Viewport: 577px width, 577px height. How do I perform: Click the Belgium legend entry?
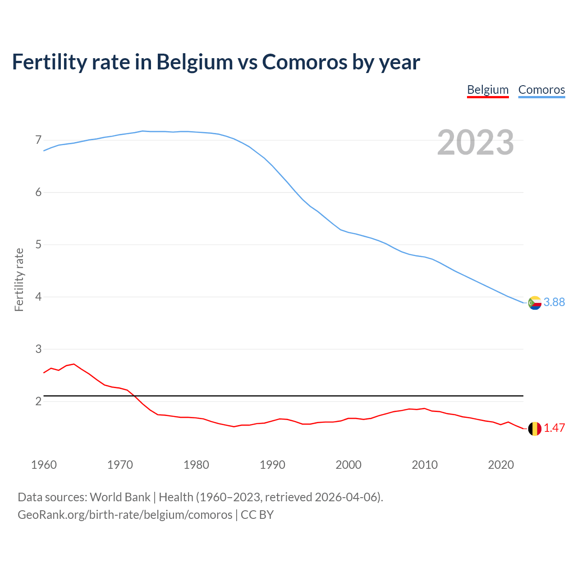point(488,90)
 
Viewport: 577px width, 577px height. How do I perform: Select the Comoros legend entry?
point(541,90)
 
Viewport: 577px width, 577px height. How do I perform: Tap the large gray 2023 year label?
point(475,142)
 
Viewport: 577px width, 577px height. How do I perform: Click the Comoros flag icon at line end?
point(535,303)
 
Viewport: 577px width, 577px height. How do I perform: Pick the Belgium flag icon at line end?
point(535,429)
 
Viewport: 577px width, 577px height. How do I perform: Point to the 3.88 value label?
point(554,302)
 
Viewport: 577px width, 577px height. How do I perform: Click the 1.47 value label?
point(554,428)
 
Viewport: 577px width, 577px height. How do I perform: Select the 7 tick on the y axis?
point(38,140)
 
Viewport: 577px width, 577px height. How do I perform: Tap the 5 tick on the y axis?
point(38,245)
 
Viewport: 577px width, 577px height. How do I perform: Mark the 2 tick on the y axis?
point(38,401)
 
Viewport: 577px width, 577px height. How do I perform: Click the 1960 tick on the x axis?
point(44,465)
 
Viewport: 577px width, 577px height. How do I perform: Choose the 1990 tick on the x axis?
point(272,465)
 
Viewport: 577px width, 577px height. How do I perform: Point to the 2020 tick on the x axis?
point(501,465)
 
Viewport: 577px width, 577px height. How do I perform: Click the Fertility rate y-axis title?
point(19,279)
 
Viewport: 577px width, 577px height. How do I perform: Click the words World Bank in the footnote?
point(120,497)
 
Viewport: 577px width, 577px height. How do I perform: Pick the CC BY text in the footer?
point(257,515)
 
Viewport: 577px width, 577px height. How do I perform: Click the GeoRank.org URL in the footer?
point(125,515)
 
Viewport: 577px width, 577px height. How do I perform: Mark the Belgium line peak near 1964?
point(74,364)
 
